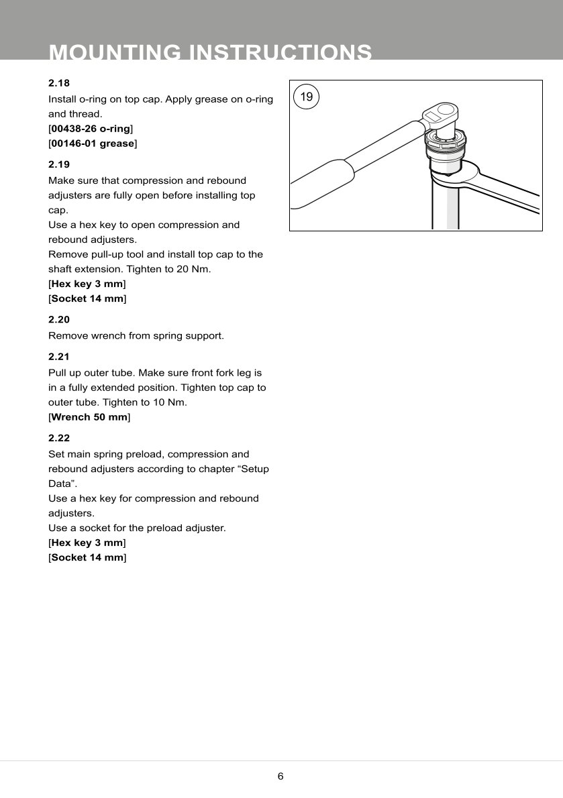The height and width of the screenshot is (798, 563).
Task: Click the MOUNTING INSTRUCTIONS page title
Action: click(211, 52)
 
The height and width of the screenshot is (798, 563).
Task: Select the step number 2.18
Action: click(59, 83)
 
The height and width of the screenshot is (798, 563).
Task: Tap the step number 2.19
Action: click(59, 164)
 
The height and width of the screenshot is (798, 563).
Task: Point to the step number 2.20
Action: click(59, 319)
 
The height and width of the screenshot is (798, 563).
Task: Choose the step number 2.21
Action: click(59, 357)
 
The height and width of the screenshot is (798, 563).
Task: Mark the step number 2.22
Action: click(59, 438)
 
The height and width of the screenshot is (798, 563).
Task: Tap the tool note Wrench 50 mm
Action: click(90, 417)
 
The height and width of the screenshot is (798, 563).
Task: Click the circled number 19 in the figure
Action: click(306, 97)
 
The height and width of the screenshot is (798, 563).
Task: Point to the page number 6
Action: click(280, 777)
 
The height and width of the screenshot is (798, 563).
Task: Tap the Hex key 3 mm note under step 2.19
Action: click(87, 284)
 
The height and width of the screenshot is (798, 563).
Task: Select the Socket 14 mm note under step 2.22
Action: click(87, 557)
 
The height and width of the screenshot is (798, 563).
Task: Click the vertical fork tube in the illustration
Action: click(445, 208)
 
